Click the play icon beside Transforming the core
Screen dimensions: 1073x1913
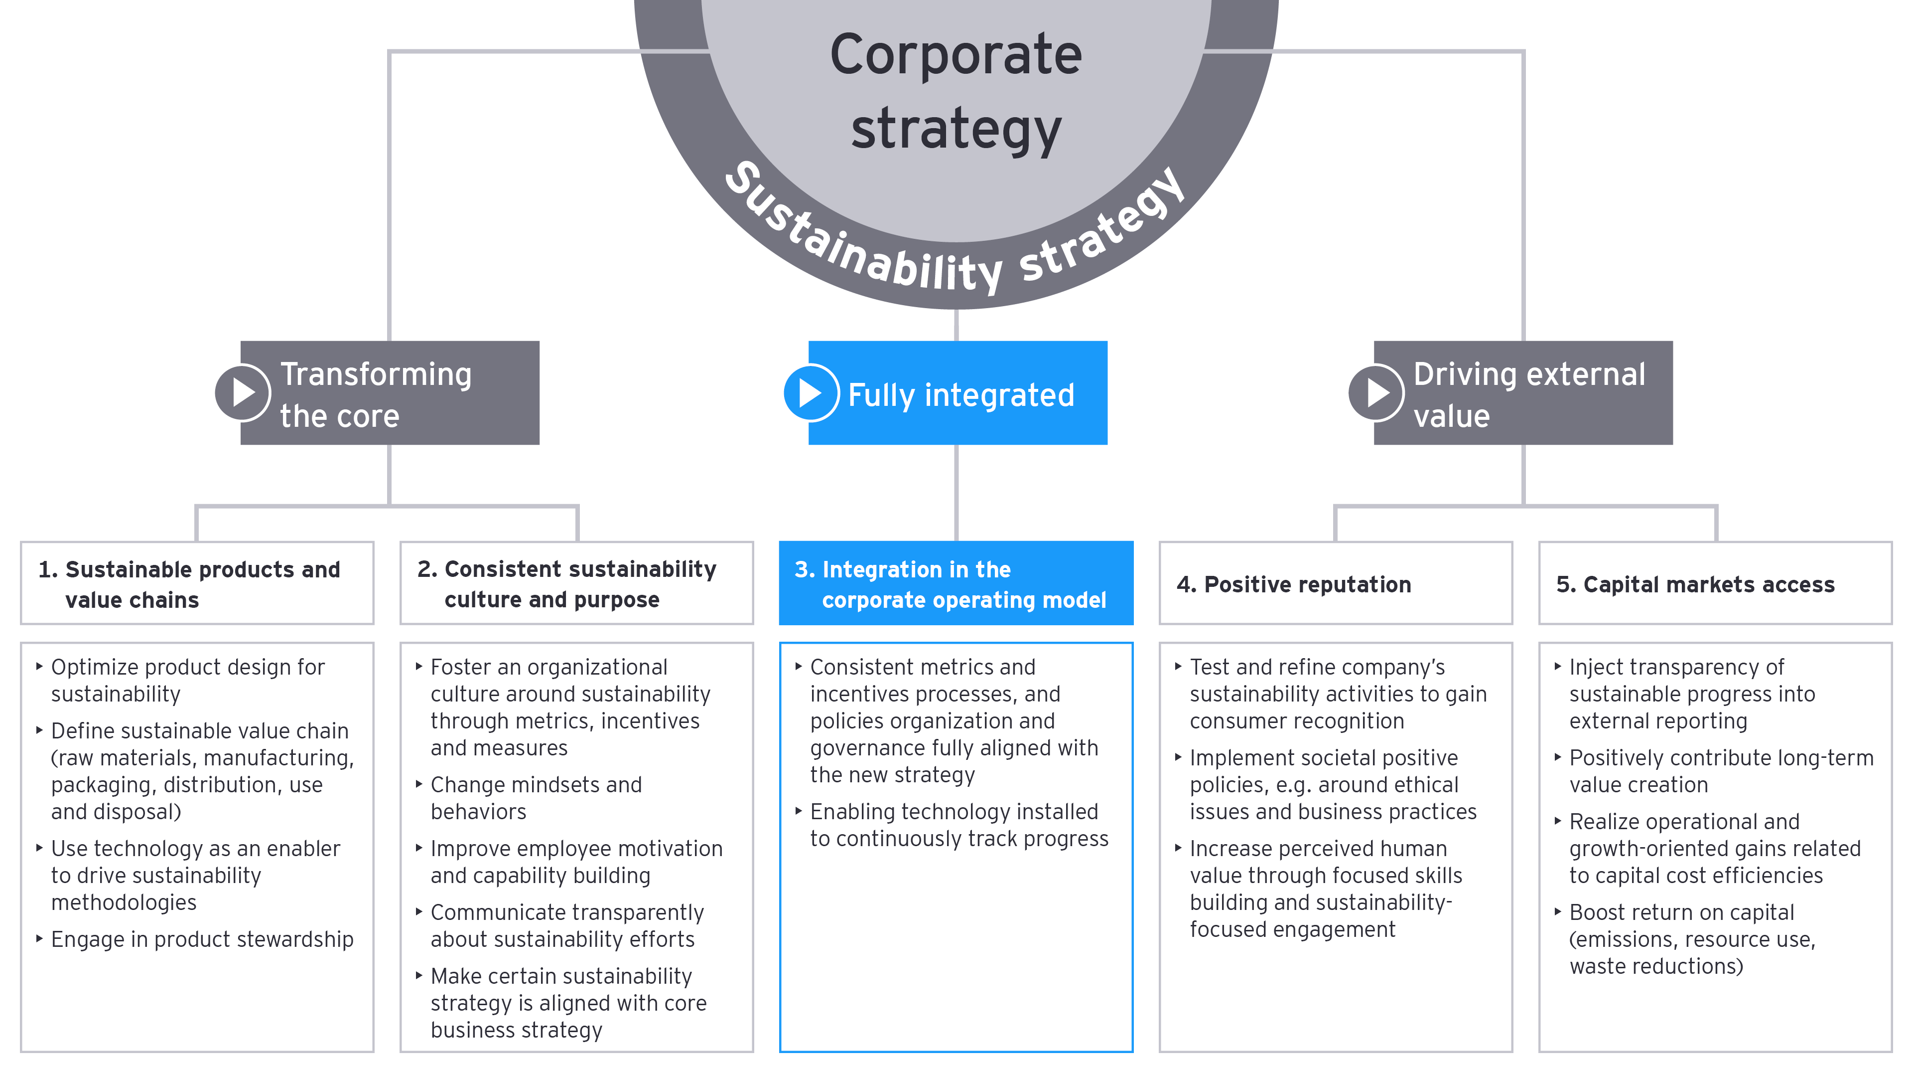[243, 392]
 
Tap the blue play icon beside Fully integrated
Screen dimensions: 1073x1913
[811, 392]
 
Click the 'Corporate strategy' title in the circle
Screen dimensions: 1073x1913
[956, 91]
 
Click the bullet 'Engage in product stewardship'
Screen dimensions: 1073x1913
[202, 939]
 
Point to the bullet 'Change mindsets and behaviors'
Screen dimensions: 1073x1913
[536, 798]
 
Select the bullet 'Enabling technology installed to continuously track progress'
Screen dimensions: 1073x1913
[958, 825]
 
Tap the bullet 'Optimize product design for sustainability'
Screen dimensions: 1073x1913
[187, 680]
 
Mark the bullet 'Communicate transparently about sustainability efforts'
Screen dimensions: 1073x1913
[566, 926]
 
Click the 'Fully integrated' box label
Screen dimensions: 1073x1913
[961, 394]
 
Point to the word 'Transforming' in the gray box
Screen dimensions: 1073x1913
[376, 374]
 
